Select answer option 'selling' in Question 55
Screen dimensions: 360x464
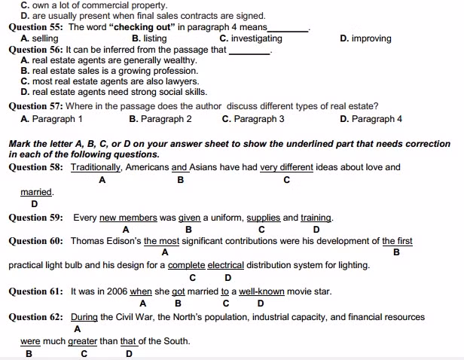(44, 38)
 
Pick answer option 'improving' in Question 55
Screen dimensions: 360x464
(371, 38)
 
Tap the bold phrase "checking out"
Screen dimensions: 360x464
(142, 27)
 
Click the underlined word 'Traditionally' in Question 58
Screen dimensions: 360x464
(96, 167)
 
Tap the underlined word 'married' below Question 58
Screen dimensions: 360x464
(36, 192)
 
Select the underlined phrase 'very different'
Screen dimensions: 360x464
(286, 167)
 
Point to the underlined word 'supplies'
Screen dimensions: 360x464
(263, 218)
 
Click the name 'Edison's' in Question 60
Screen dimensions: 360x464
(124, 241)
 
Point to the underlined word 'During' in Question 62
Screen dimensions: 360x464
(84, 317)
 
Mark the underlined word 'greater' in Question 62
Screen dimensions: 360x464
(83, 341)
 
